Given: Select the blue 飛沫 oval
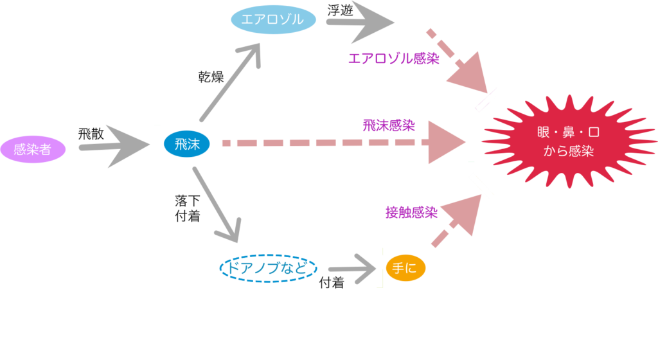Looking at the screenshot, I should pos(186,145).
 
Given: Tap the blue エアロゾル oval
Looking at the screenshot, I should pos(273,20).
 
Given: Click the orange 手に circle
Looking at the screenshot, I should pos(405,269).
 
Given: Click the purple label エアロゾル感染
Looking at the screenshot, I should pos(393,59).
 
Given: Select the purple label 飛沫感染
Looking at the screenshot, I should pos(388,125).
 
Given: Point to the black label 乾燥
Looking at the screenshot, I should pos(210,77).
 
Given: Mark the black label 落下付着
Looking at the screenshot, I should pos(187,209).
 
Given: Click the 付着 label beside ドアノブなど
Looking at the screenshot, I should pos(332,283).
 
